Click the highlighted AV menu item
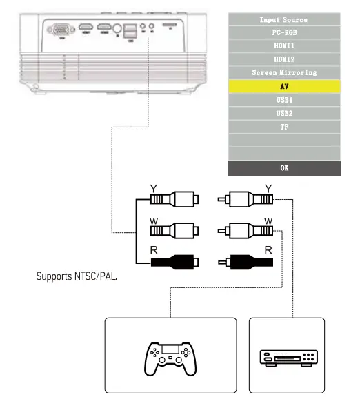284,86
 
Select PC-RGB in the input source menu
284,32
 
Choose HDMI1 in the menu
284,45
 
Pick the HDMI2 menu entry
284,59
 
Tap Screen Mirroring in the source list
284,73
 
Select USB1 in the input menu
284,100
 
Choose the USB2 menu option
284,113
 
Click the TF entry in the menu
284,127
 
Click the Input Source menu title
284,19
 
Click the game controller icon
170,359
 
